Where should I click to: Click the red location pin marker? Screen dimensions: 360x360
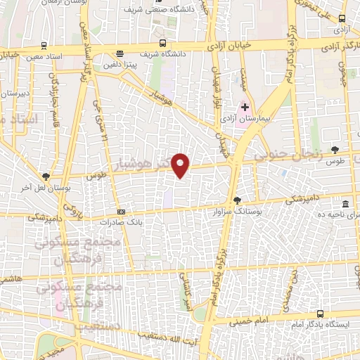pos(181,165)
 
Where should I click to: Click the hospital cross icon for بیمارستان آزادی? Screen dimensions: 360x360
pos(245,107)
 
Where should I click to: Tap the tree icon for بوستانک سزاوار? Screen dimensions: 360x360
pos(237,200)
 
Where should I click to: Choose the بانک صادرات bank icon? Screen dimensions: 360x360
pos(121,211)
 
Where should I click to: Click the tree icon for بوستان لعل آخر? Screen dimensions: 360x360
pos(46,176)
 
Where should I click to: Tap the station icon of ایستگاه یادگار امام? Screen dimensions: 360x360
pos(321,314)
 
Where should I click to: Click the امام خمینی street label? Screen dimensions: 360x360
pos(250,320)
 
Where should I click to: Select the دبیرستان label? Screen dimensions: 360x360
pos(14,92)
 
